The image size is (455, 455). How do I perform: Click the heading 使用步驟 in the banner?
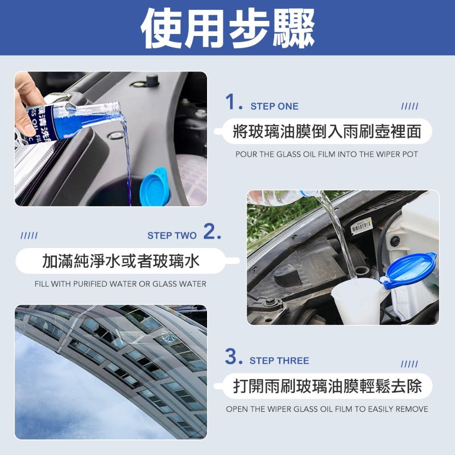point(227,28)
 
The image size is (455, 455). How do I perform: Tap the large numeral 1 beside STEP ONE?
point(231,102)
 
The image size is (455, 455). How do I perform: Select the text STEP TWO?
point(172,235)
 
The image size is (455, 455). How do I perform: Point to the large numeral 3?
point(231,356)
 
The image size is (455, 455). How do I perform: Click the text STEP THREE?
point(279,361)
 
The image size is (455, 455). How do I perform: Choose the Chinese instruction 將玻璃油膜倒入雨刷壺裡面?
point(327,131)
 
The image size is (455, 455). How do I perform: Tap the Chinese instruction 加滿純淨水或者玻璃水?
point(121,260)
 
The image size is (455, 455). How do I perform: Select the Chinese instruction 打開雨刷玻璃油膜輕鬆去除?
point(327,386)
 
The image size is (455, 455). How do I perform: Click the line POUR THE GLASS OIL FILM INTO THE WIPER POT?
point(327,154)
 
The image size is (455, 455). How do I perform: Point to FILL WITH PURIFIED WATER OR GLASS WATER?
point(120,283)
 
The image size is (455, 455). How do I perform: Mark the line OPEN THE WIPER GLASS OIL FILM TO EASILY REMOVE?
point(327,409)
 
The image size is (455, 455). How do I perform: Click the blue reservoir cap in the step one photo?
point(154,187)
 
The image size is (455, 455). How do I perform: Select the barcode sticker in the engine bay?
point(362,226)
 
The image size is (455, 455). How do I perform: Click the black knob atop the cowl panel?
point(152,80)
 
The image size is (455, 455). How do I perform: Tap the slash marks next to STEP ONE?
point(410,106)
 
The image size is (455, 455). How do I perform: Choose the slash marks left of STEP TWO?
point(29,235)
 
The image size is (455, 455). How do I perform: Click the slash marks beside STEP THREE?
point(409,364)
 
